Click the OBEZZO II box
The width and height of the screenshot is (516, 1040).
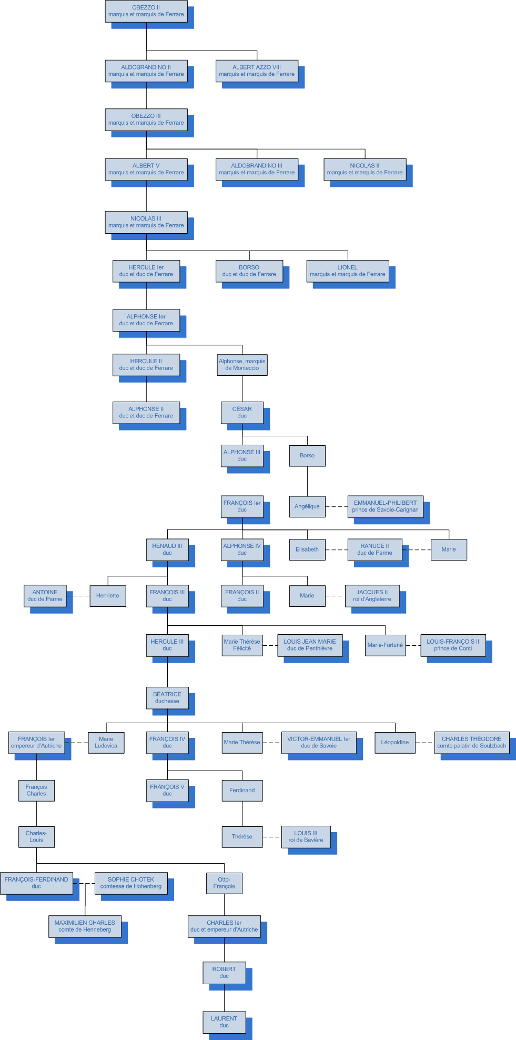[x=146, y=11]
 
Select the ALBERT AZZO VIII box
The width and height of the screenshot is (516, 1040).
[x=257, y=71]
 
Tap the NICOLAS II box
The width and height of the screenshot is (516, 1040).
[x=365, y=169]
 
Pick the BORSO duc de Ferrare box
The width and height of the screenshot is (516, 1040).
[x=249, y=271]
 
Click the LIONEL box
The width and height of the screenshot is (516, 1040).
[x=347, y=271]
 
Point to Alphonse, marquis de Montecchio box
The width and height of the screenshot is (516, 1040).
[x=242, y=365]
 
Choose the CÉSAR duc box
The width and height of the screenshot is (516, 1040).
[x=242, y=412]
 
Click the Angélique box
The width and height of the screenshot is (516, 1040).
[x=307, y=506]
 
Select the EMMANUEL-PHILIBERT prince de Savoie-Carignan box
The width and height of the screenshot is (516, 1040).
[x=385, y=506]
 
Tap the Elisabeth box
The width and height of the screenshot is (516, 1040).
[x=307, y=549]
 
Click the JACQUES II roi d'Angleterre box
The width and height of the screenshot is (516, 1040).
[x=372, y=596]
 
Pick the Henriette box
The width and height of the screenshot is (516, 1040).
[x=108, y=596]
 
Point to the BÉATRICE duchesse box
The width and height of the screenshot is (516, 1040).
[x=167, y=698]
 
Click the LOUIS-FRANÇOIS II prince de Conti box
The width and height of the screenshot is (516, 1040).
[x=453, y=645]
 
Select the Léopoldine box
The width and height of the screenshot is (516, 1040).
[x=395, y=743]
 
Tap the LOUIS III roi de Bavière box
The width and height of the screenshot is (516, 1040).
[x=306, y=836]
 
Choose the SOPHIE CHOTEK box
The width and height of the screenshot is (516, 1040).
[x=131, y=883]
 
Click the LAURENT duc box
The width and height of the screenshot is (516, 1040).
[x=224, y=1022]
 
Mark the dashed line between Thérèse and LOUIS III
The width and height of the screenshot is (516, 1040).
[x=271, y=837]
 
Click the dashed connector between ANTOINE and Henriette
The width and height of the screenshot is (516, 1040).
[x=78, y=596]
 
